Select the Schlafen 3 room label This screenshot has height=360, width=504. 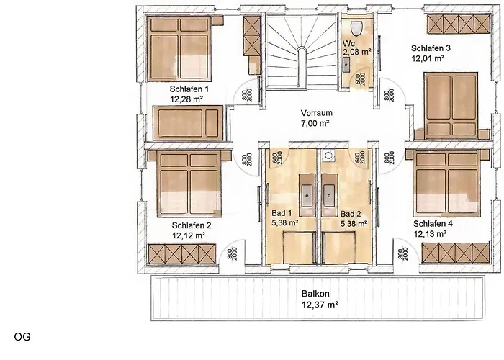(x=431, y=49)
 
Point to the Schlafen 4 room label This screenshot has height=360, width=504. (x=433, y=223)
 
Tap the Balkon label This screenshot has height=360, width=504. (x=315, y=294)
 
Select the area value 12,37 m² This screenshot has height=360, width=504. (x=315, y=305)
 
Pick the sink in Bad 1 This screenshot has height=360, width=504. (x=306, y=192)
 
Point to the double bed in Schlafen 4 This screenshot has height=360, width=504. (x=449, y=180)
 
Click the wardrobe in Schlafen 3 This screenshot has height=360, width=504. (x=453, y=24)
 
